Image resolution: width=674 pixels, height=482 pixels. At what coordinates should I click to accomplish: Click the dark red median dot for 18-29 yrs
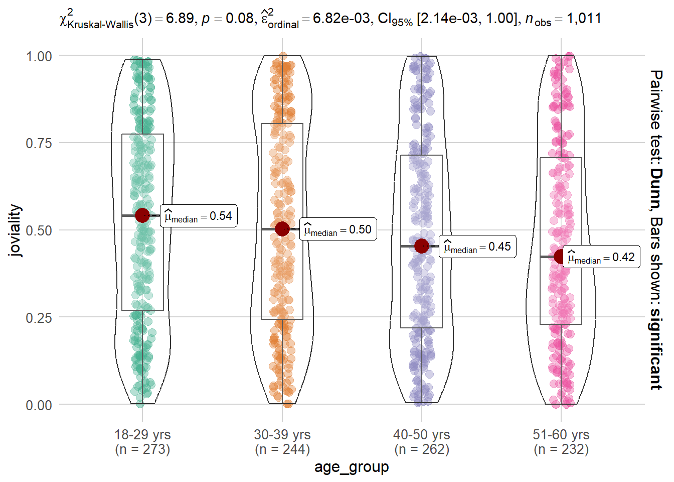pyautogui.click(x=142, y=215)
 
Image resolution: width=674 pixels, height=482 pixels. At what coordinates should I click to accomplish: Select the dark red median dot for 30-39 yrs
pyautogui.click(x=282, y=229)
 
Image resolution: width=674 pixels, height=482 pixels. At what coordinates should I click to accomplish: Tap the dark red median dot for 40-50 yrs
pyautogui.click(x=422, y=246)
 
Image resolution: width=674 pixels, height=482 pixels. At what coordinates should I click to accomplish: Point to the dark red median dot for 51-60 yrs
pyautogui.click(x=561, y=257)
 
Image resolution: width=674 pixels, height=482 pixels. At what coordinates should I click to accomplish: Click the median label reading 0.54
pyautogui.click(x=199, y=216)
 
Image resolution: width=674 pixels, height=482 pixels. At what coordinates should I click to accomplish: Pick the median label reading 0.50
pyautogui.click(x=338, y=230)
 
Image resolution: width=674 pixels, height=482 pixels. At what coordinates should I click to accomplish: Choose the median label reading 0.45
pyautogui.click(x=477, y=247)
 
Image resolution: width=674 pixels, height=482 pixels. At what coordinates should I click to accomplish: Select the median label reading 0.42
pyautogui.click(x=601, y=258)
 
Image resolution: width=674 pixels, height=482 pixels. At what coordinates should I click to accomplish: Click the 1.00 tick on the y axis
pyautogui.click(x=39, y=56)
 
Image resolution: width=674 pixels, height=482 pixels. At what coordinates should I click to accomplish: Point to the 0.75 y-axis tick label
pyautogui.click(x=39, y=143)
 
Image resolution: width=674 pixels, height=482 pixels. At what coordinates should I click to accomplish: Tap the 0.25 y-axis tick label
pyautogui.click(x=39, y=318)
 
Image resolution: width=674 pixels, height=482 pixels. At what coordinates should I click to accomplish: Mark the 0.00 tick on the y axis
pyautogui.click(x=39, y=405)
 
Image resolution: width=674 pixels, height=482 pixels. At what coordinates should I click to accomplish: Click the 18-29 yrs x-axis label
pyautogui.click(x=142, y=435)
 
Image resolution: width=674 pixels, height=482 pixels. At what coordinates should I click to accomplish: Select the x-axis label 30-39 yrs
pyautogui.click(x=282, y=435)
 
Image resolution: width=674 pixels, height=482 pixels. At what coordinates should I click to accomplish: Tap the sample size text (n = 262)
pyautogui.click(x=422, y=449)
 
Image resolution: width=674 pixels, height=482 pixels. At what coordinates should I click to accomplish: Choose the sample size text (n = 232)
pyautogui.click(x=561, y=449)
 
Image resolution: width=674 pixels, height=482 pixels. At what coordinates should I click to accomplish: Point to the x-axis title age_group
pyautogui.click(x=352, y=467)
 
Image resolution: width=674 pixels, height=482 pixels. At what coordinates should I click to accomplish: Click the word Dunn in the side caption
pyautogui.click(x=656, y=189)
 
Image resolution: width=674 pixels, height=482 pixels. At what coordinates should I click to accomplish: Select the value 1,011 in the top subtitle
pyautogui.click(x=584, y=19)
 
